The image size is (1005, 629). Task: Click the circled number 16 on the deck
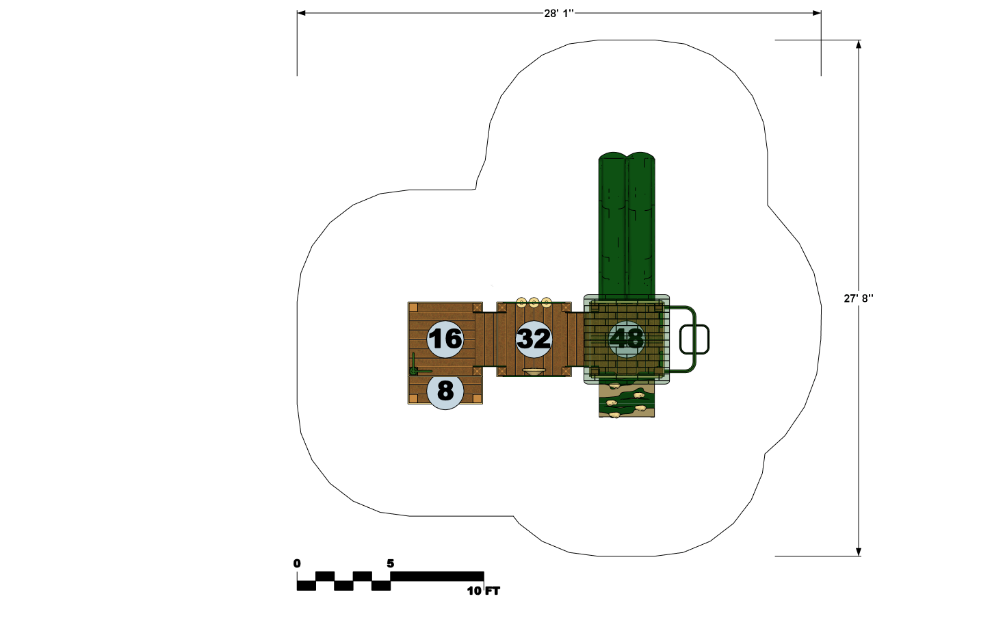[445, 339]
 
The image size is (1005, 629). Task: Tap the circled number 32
[534, 339]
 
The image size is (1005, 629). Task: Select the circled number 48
[627, 339]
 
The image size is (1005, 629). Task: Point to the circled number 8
[445, 391]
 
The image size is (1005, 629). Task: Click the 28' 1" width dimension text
[558, 14]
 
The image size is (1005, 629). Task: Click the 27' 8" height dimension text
[859, 298]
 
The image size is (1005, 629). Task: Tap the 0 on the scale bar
[297, 563]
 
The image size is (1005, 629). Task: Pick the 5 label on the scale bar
[391, 563]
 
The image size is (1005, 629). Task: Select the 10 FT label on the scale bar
[483, 591]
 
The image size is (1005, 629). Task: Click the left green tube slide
[612, 225]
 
